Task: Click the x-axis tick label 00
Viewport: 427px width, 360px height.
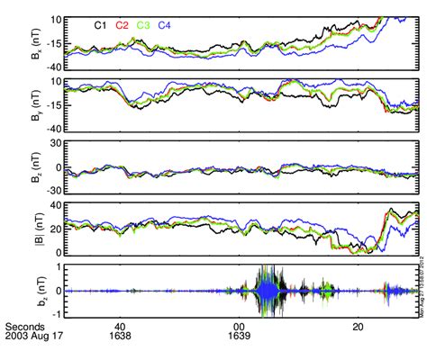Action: point(239,328)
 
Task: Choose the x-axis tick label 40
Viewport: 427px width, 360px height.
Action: point(119,328)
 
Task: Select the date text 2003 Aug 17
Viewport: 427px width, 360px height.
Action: point(33,339)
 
